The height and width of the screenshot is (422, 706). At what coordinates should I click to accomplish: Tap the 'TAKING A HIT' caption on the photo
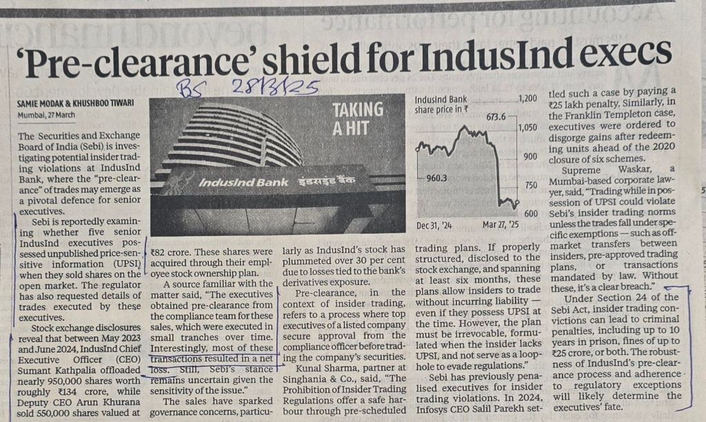pos(358,118)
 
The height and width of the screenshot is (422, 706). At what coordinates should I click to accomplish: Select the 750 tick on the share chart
pos(527,185)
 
